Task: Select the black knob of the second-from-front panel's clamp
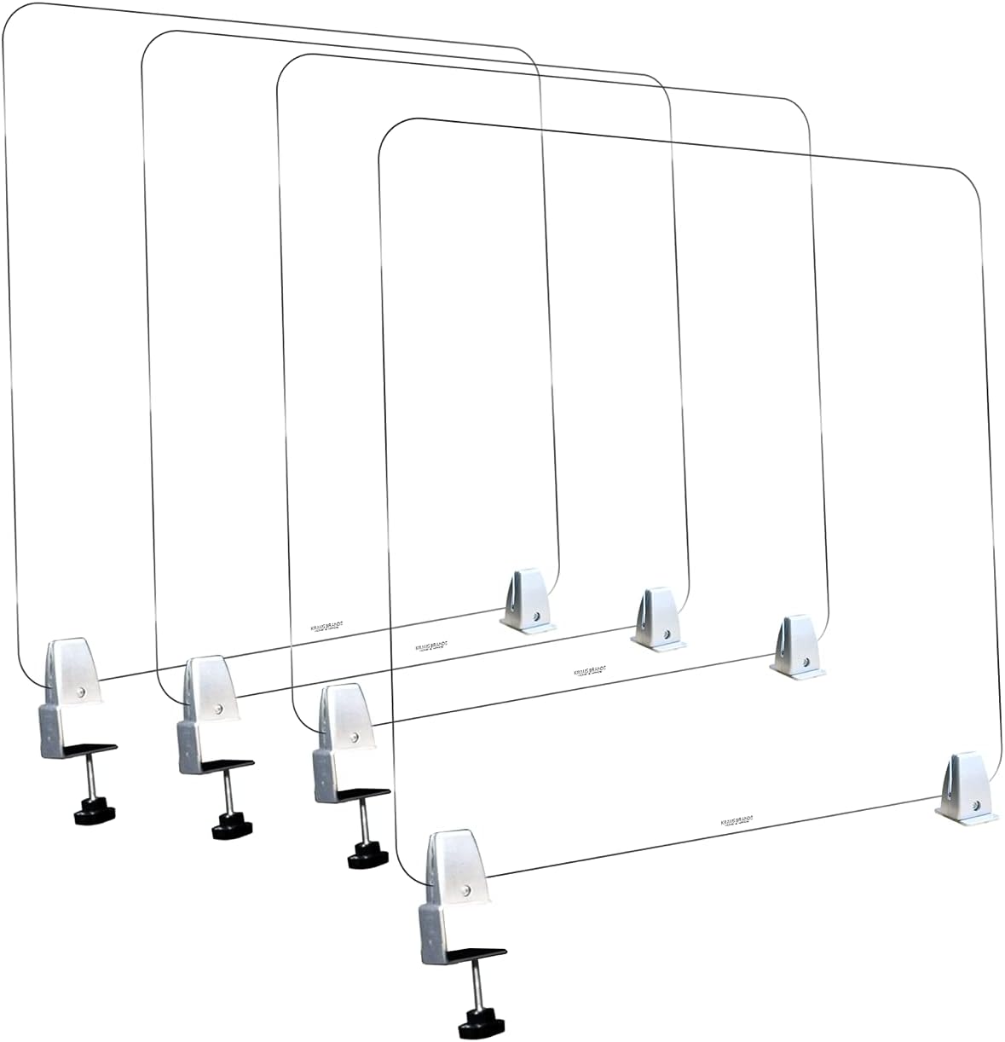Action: click(x=362, y=856)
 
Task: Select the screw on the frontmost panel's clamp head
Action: click(x=468, y=889)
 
